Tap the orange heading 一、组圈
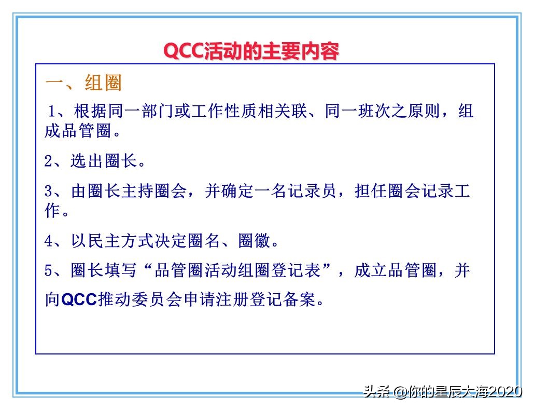coord(83,83)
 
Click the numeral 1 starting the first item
coord(52,111)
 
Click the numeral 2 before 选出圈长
coord(48,161)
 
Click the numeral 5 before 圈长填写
coord(48,270)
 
